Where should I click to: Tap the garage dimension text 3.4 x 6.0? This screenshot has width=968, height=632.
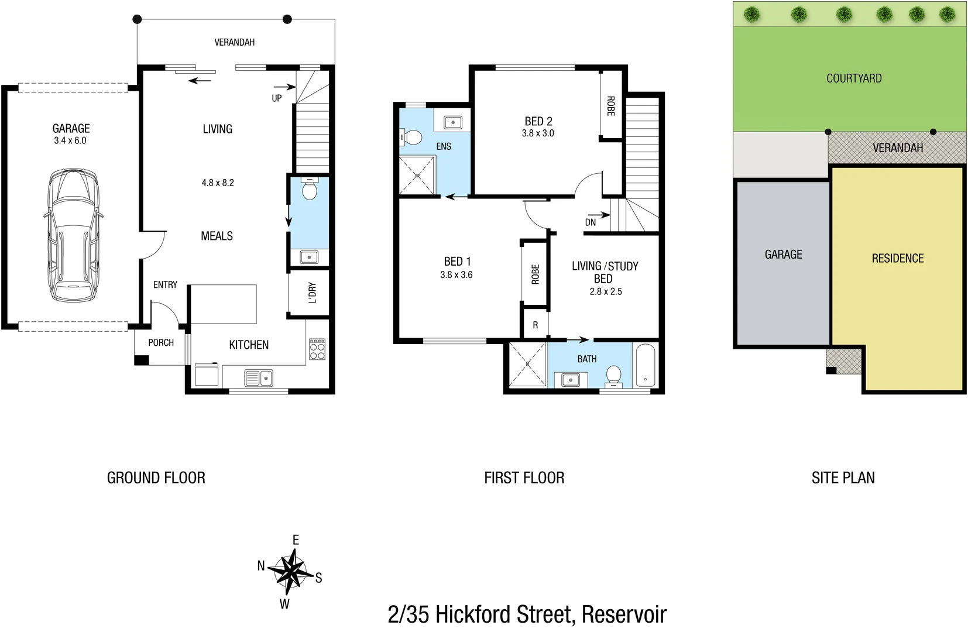pos(70,141)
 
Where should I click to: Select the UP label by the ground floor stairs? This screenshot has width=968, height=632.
pos(276,98)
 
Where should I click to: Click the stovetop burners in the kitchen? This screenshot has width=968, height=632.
pos(317,350)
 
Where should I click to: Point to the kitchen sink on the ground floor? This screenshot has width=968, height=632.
pos(258,378)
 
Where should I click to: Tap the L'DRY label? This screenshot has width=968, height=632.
pos(312,293)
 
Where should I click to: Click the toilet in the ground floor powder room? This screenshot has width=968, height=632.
pos(310,190)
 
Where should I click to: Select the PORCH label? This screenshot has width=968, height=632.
pos(161,343)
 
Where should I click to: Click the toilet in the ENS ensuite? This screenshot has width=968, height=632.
pos(412,138)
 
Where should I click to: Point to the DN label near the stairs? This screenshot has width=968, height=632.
pos(591,222)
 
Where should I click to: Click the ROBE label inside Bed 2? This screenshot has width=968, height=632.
pos(610,106)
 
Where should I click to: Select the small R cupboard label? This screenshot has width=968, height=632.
pos(535,325)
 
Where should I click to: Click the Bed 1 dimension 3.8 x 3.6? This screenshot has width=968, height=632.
pos(456,275)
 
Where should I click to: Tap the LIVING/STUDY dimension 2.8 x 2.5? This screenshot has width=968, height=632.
pos(606,291)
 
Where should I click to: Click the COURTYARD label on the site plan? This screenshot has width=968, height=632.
pos(854,78)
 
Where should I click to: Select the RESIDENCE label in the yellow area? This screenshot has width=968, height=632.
pos(898,259)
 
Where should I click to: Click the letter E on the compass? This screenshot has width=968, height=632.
pos(296,540)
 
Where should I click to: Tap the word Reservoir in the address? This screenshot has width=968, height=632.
pos(624,615)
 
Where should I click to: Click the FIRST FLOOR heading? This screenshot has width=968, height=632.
pos(524,478)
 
